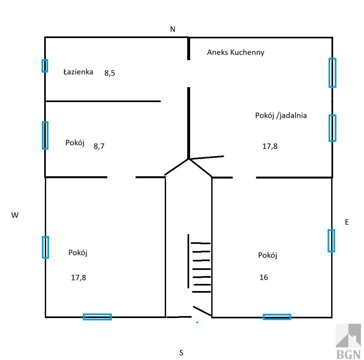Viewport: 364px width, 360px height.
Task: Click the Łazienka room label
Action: (78, 72)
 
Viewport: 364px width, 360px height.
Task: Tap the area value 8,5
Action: (110, 73)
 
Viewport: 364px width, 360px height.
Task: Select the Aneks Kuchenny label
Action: (236, 52)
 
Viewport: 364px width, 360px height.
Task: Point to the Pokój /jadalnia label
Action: (281, 115)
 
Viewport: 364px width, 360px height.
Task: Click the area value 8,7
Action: (99, 146)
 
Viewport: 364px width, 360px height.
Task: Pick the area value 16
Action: (264, 277)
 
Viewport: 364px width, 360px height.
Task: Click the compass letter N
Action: (173, 29)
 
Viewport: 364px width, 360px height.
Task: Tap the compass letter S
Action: (181, 353)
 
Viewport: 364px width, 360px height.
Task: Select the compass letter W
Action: (15, 215)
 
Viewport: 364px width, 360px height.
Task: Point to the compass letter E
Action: (347, 222)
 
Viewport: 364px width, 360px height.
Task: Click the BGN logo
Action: (348, 341)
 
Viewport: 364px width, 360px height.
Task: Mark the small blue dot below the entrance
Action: (197, 322)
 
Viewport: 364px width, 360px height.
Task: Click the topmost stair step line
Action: (201, 243)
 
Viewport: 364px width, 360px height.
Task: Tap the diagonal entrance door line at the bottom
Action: (202, 311)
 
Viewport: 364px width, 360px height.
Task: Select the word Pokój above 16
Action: (268, 255)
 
